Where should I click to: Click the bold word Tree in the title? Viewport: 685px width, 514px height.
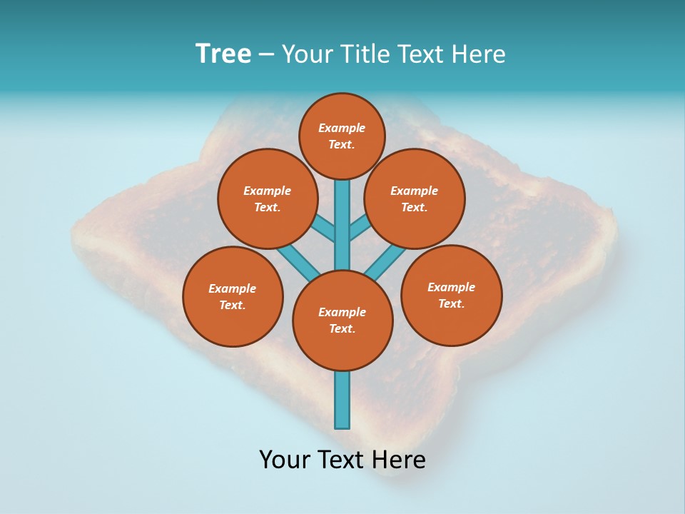223,54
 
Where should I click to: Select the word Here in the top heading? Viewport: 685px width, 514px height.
478,54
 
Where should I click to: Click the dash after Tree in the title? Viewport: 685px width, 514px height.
266,55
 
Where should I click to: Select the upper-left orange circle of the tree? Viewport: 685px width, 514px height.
267,198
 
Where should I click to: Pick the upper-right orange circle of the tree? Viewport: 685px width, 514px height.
415,198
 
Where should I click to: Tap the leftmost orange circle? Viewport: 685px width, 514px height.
233,296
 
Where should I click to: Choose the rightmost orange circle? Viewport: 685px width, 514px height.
452,295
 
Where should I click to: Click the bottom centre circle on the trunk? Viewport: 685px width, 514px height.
342,320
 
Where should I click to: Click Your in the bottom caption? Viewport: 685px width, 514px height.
285,460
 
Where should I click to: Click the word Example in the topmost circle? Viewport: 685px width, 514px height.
342,128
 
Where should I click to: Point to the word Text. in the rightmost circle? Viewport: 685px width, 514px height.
452,303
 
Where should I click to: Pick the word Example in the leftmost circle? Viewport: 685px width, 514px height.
233,288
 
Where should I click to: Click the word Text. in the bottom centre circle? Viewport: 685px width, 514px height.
342,328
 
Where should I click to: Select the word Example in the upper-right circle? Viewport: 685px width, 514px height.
415,191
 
